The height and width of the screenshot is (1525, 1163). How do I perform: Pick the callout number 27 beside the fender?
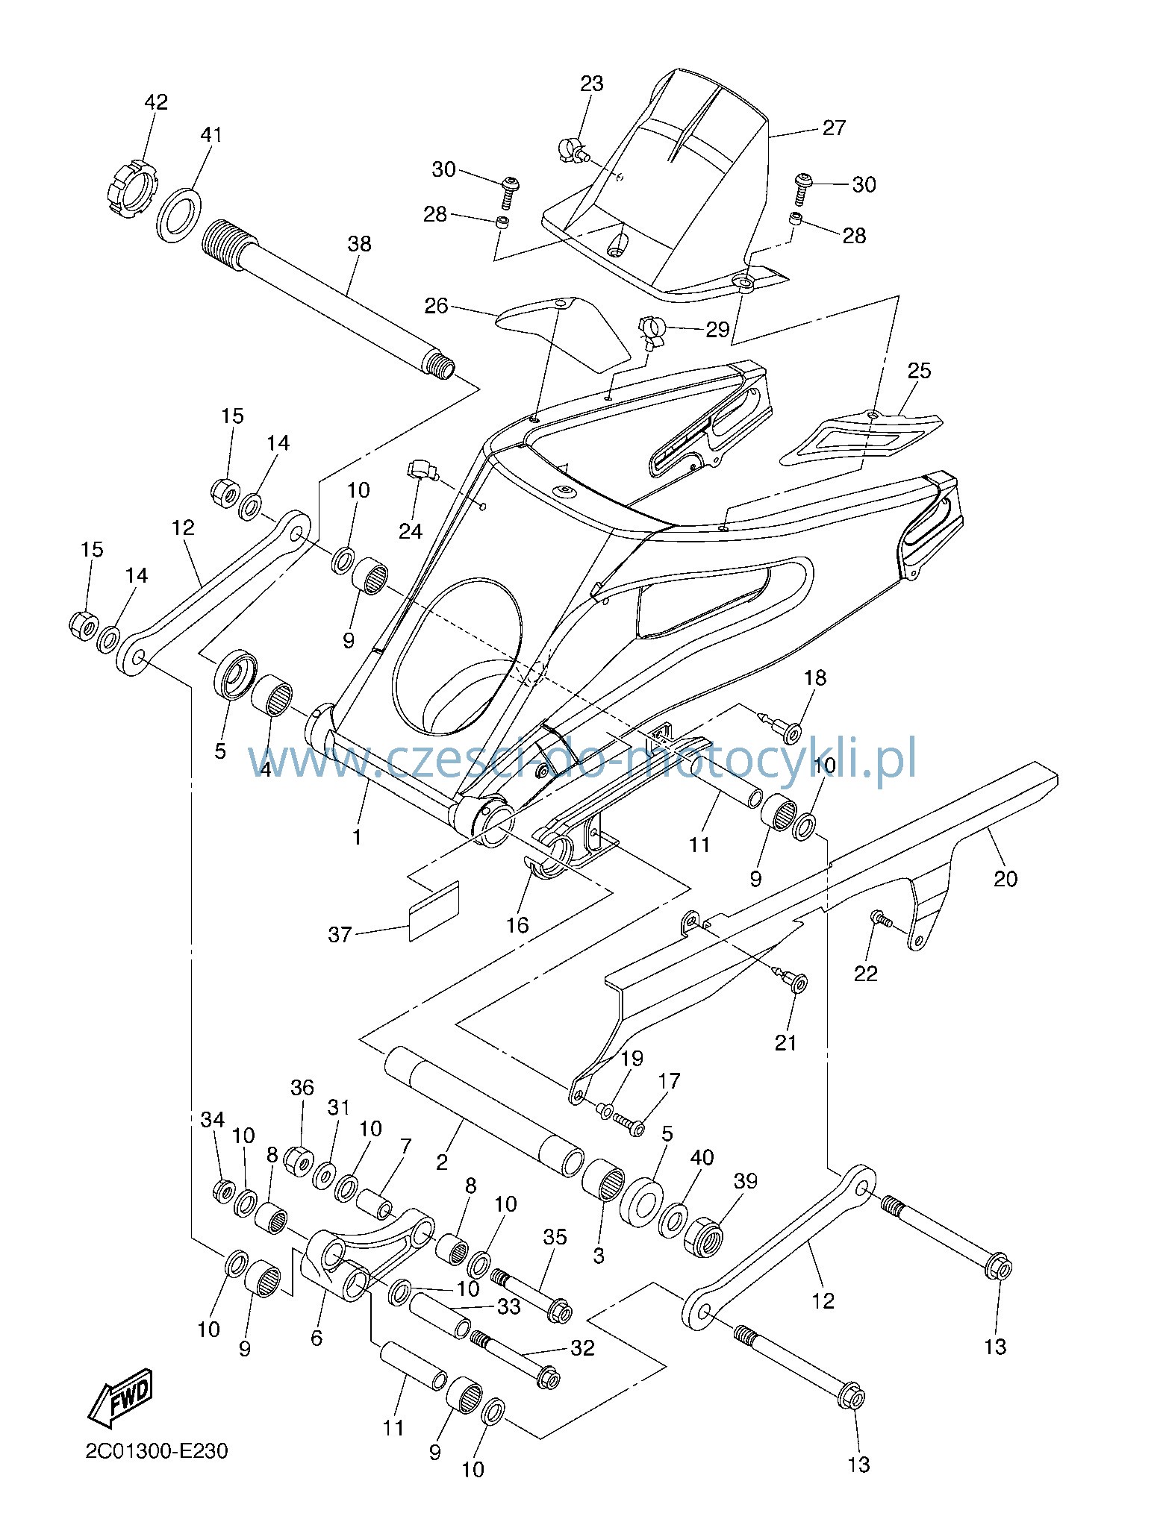pyautogui.click(x=834, y=128)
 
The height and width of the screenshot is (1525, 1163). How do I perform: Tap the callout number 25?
pyautogui.click(x=920, y=370)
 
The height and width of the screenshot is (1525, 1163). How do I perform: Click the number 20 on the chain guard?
pyautogui.click(x=1005, y=879)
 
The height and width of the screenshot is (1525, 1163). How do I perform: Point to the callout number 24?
pyautogui.click(x=411, y=530)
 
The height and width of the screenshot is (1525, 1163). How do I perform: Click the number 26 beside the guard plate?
pyautogui.click(x=437, y=306)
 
